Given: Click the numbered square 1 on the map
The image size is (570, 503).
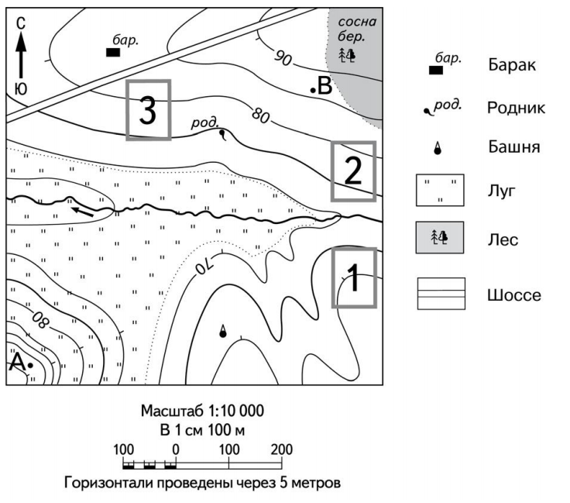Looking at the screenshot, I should tap(353, 277).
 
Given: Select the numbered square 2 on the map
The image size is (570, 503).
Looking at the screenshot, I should tap(352, 171).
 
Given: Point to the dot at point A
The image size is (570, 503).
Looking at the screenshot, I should tap(30, 364).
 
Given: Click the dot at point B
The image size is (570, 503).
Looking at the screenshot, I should tap(312, 91).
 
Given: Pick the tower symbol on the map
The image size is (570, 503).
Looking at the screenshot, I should tap(223, 331).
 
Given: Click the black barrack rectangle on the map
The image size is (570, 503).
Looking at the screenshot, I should tap(112, 53).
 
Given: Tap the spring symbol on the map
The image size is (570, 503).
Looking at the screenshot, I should tap(224, 134).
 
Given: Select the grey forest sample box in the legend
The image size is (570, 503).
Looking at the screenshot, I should tap(440, 239).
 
